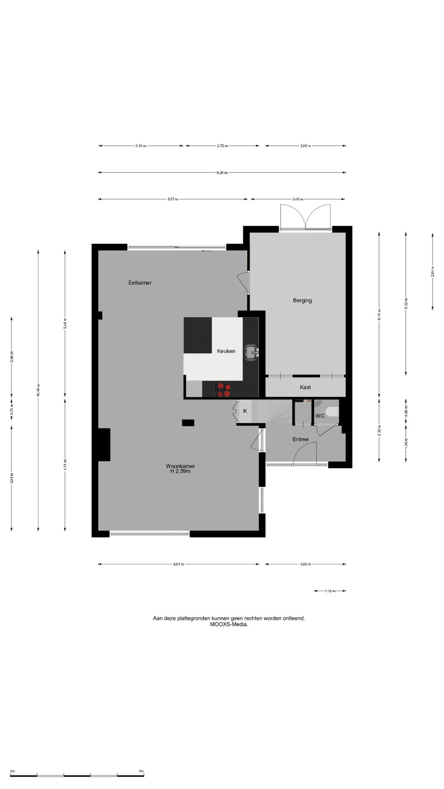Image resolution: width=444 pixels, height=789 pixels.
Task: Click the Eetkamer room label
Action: pyautogui.click(x=140, y=283)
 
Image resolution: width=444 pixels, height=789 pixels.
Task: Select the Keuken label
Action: pyautogui.click(x=226, y=351)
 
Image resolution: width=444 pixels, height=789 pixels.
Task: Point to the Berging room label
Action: pyautogui.click(x=302, y=300)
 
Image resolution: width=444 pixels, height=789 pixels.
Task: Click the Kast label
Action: pyautogui.click(x=305, y=387)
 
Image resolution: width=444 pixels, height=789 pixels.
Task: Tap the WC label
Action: pyautogui.click(x=320, y=416)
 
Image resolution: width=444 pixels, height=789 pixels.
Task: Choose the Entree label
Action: pyautogui.click(x=301, y=439)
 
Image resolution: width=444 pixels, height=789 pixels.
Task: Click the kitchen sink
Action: pyautogui.click(x=251, y=352)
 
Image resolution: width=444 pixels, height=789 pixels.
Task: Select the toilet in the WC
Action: pyautogui.click(x=331, y=411)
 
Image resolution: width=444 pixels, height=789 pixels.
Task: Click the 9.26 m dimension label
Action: pyautogui.click(x=222, y=173)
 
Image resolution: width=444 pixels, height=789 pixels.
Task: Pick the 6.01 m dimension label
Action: pyautogui.click(x=178, y=564)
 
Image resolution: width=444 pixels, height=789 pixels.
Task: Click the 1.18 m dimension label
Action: pyautogui.click(x=330, y=591)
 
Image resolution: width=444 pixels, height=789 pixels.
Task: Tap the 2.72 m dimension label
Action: pyautogui.click(x=222, y=146)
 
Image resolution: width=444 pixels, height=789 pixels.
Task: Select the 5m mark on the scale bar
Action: pyautogui.click(x=141, y=771)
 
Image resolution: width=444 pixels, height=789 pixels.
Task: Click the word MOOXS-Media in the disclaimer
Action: pyautogui.click(x=229, y=624)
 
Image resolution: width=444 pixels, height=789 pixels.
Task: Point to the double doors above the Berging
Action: pyautogui.click(x=305, y=217)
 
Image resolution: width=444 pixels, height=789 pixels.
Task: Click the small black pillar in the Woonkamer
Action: pyautogui.click(x=188, y=422)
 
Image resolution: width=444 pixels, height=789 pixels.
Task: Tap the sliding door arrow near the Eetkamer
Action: pyautogui.click(x=206, y=251)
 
